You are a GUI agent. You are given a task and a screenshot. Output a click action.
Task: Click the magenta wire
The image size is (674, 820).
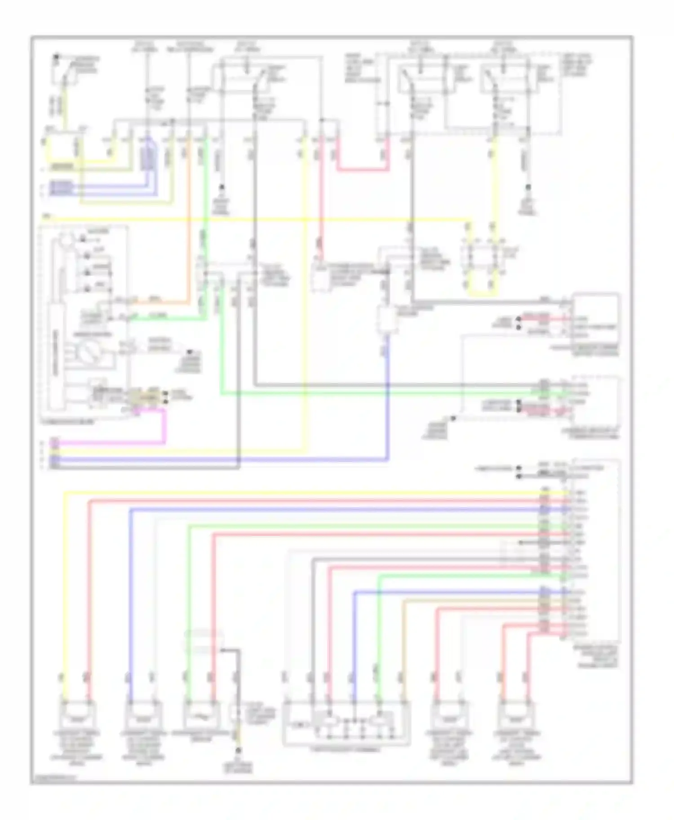click(x=164, y=427)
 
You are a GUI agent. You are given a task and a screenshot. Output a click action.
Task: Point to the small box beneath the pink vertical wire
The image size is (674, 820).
click(x=321, y=277)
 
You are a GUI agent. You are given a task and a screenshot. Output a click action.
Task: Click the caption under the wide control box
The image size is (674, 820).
click(x=346, y=750)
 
